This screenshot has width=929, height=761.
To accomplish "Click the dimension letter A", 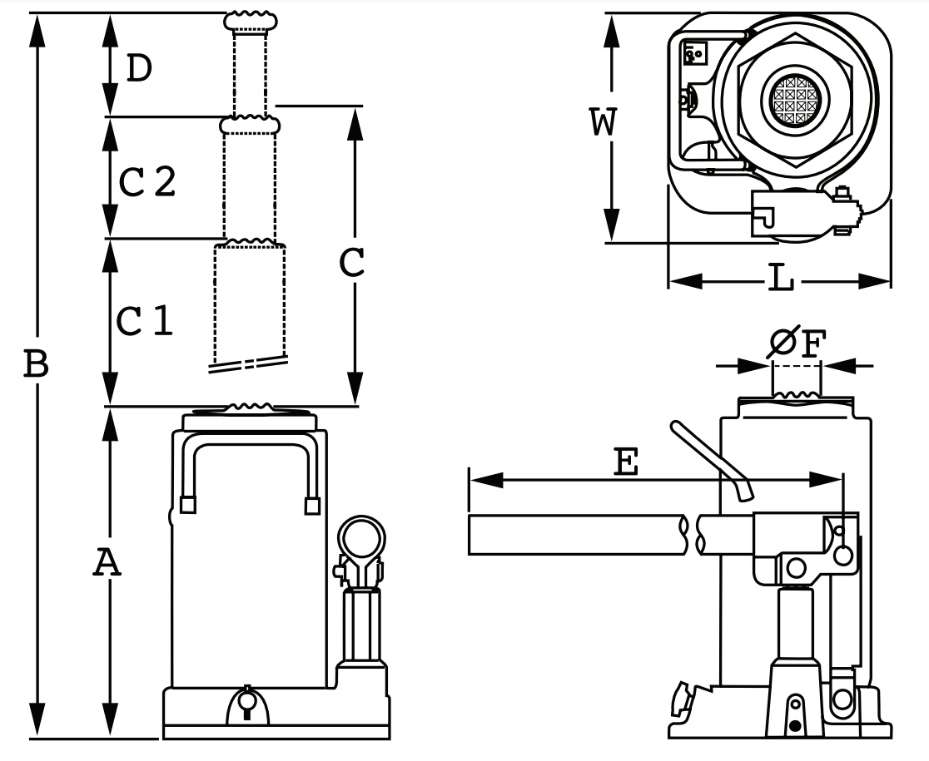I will pos(107,563).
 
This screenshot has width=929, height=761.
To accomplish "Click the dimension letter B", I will pos(36,364).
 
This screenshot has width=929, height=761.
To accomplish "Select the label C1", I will pos(145,320).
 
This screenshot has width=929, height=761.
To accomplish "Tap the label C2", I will pos(147,181).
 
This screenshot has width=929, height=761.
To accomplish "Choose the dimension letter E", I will pos(626,462).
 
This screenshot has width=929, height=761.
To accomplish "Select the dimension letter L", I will pos(779,279).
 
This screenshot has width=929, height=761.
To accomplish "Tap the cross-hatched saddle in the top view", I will pos(797,100).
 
